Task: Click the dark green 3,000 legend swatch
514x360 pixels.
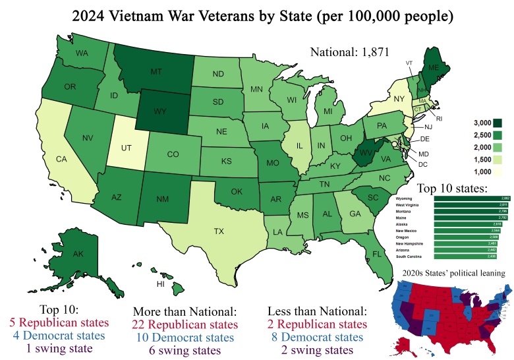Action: [x=498, y=122]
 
